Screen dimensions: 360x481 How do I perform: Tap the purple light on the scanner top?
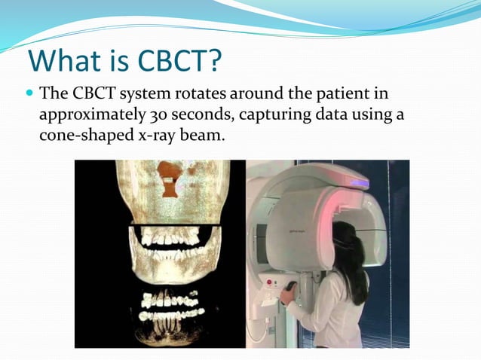pos(359,184)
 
